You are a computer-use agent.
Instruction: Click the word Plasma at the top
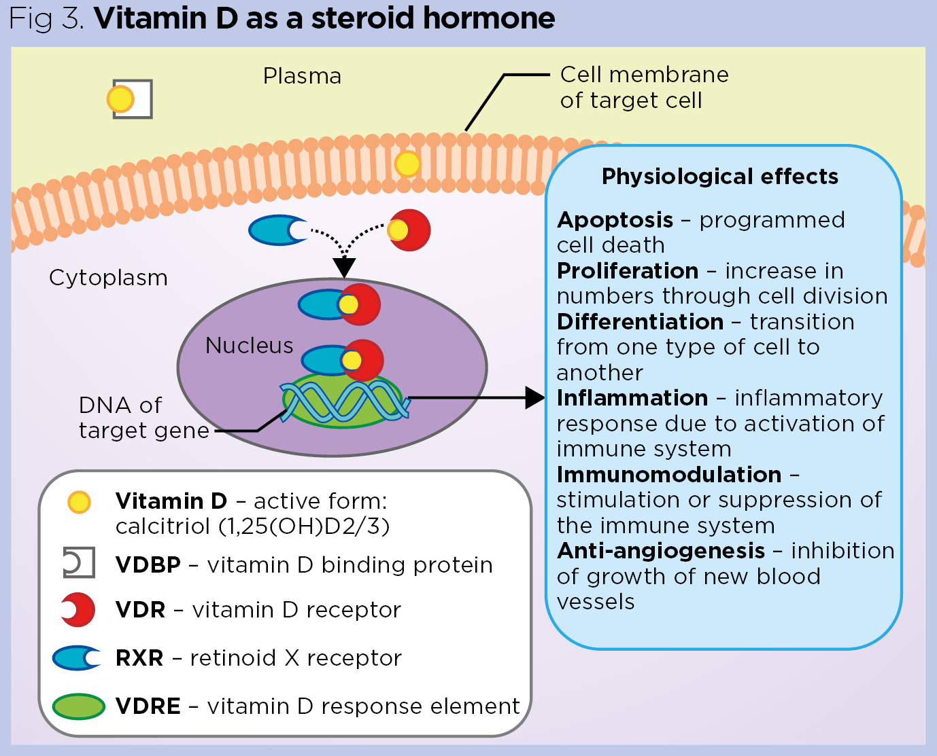[302, 76]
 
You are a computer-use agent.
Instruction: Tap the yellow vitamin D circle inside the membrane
[407, 164]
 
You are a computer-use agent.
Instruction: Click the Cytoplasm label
[108, 278]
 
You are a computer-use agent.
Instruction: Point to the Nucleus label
[249, 346]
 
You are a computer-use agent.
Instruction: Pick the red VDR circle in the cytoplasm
[411, 230]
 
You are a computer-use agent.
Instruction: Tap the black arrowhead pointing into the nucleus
[344, 268]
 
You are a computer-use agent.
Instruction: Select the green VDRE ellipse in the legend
[78, 706]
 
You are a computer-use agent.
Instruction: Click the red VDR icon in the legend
[79, 610]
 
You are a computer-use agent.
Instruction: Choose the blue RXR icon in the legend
[76, 658]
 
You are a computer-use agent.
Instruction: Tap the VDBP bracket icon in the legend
[78, 563]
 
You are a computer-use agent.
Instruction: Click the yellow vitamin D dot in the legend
[79, 502]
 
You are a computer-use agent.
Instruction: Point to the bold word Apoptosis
[615, 220]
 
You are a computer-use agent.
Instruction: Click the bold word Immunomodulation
[669, 475]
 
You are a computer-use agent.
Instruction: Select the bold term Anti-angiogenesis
[661, 551]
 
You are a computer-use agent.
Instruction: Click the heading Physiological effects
[719, 177]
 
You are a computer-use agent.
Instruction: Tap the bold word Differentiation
[640, 322]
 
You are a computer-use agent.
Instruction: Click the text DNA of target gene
[143, 418]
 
